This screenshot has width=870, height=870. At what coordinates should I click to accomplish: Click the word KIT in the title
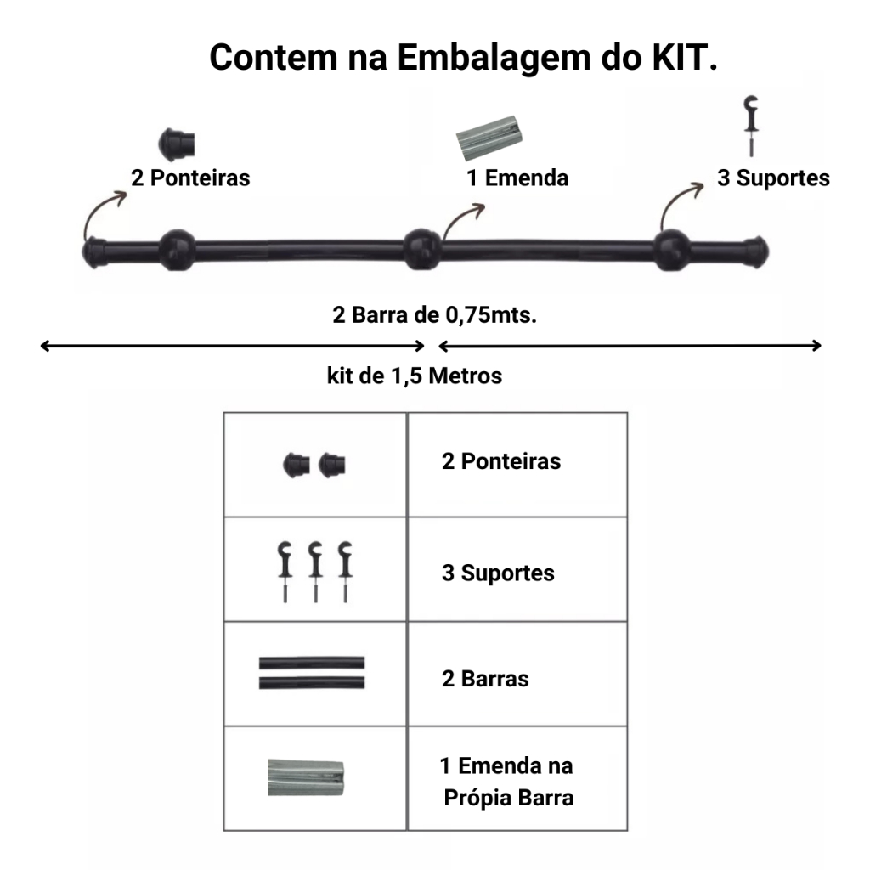click(685, 57)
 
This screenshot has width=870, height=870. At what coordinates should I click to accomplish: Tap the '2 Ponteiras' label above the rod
click(190, 178)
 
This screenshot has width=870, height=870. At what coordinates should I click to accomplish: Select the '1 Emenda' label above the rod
click(517, 178)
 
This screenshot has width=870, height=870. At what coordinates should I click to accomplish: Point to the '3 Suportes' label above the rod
click(773, 178)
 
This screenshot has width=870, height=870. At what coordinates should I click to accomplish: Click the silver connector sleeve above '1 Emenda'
click(489, 137)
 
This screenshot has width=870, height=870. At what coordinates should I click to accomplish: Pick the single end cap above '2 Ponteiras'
click(177, 144)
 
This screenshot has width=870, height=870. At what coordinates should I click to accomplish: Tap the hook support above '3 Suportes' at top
click(751, 125)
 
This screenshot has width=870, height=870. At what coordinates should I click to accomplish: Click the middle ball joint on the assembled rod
click(421, 249)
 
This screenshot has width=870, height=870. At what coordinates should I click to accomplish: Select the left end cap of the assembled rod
click(94, 252)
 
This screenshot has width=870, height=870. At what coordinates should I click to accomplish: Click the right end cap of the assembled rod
click(755, 252)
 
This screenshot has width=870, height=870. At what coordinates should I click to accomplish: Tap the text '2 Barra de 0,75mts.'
click(434, 314)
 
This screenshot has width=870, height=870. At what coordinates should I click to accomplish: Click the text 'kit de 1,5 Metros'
click(415, 376)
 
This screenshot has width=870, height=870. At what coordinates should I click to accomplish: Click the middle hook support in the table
click(316, 572)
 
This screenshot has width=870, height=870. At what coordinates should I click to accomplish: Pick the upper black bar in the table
click(312, 663)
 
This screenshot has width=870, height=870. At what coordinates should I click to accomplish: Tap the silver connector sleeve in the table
click(306, 777)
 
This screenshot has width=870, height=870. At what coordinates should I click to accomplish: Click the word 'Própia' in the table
click(477, 798)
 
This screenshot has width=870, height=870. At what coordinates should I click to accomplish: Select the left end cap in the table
click(297, 465)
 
